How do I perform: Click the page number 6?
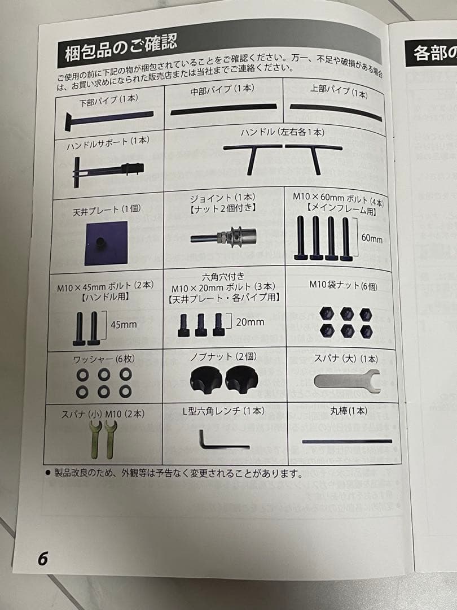coord(43,558)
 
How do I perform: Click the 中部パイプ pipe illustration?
coord(223,108)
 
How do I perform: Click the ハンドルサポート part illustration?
coord(107,169)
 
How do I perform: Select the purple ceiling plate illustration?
coord(105,243)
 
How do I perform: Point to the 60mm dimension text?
coord(372,239)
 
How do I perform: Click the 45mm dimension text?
coord(123,325)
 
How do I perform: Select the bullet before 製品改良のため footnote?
coord(47,471)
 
